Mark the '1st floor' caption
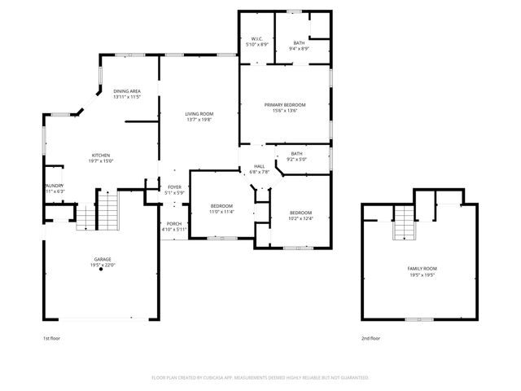[50, 337]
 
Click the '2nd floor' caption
[370, 337]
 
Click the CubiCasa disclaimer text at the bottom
[260, 378]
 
